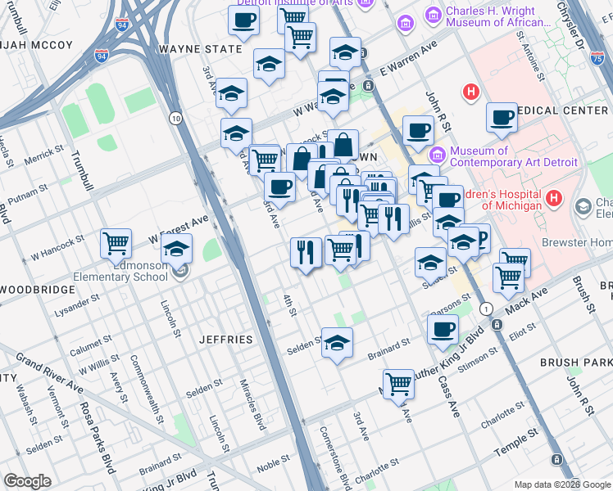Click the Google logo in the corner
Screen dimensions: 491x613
point(28,481)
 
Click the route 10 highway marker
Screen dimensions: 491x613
point(176,118)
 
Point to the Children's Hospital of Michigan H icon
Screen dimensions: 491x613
point(554,198)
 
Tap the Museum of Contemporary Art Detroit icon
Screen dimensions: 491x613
point(437,154)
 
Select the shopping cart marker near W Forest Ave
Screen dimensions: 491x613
point(116,243)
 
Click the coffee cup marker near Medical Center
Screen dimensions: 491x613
point(501,117)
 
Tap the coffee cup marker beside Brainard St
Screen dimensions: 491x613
point(443,329)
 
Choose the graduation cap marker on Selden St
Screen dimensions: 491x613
point(336,343)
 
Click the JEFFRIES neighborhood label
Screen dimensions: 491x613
point(225,338)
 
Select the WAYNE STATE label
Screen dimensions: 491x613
point(201,49)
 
